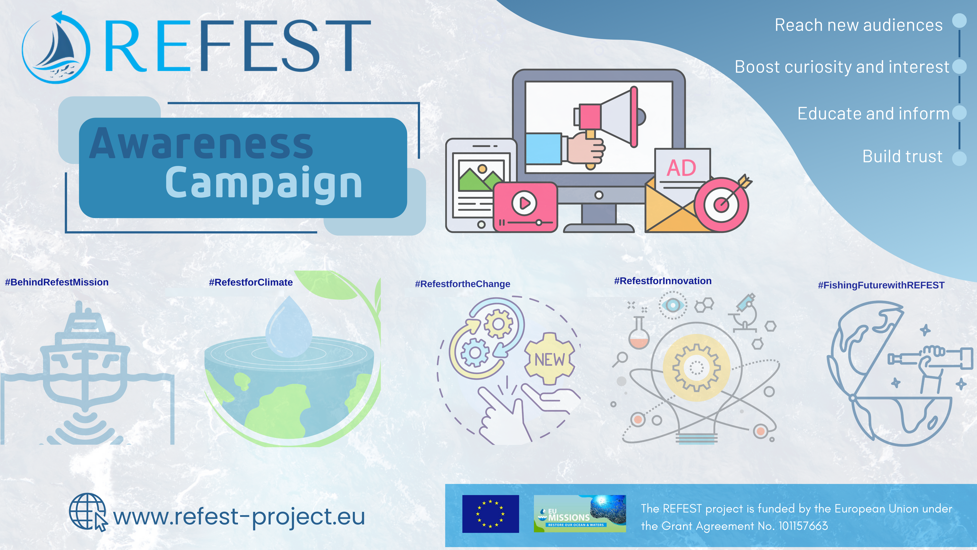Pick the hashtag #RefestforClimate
pos(251,282)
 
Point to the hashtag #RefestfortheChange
pos(462,284)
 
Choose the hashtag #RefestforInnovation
pos(663,281)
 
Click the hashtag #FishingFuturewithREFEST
pos(881,285)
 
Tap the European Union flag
pos(490,514)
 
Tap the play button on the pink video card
pos(524,203)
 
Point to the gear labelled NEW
pos(549,359)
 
